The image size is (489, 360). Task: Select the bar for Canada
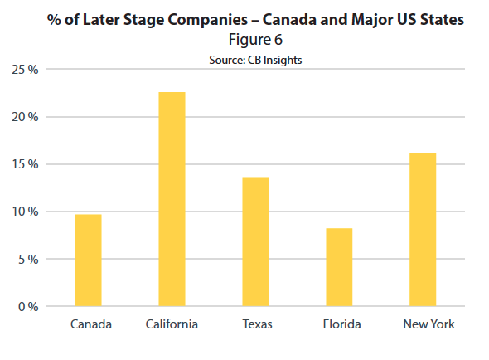point(88,260)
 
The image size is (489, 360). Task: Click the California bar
point(172,199)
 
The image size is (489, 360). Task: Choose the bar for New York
point(422,230)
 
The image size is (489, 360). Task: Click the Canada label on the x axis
point(91,324)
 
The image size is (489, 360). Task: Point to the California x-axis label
point(172,324)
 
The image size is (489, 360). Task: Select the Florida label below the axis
point(341,324)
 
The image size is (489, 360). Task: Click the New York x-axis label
point(428,324)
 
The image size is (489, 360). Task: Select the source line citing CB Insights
point(252,58)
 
